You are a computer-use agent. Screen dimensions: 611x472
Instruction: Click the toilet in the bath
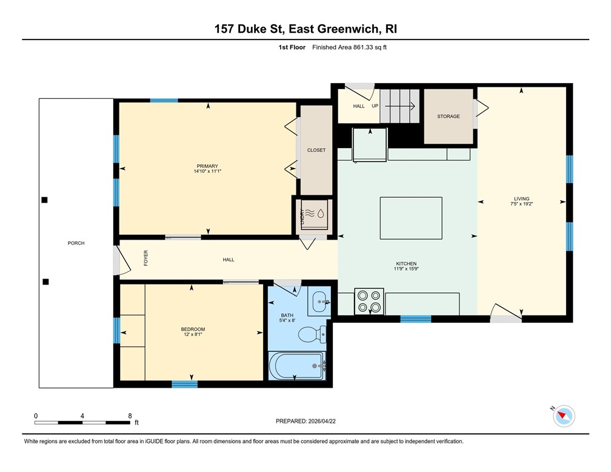(312, 334)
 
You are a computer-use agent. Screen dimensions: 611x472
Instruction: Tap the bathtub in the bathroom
(297, 365)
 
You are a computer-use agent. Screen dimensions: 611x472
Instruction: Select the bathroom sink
(319, 301)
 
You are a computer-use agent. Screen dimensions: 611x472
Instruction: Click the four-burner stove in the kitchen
(369, 302)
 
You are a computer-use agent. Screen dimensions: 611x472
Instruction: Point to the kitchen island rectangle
(411, 218)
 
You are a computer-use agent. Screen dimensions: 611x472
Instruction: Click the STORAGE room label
(448, 116)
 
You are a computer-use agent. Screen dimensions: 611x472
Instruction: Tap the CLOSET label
(316, 150)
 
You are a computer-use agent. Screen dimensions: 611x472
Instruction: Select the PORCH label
(76, 243)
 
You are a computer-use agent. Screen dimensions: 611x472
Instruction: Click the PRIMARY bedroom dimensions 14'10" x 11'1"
(207, 171)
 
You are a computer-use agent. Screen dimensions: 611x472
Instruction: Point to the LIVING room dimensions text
(521, 204)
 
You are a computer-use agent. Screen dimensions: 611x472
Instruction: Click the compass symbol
(564, 416)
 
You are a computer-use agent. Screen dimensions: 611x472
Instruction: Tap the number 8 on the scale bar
(130, 416)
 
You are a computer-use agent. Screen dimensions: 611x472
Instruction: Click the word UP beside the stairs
(375, 106)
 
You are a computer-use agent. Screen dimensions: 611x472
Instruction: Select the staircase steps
(399, 106)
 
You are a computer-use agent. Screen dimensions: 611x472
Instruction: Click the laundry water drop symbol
(321, 214)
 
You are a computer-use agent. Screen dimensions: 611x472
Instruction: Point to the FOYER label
(145, 258)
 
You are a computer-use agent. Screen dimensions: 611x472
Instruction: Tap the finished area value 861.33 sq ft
(370, 47)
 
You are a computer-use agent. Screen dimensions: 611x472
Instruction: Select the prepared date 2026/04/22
(322, 421)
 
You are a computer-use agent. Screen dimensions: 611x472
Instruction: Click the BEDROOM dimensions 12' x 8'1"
(193, 334)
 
